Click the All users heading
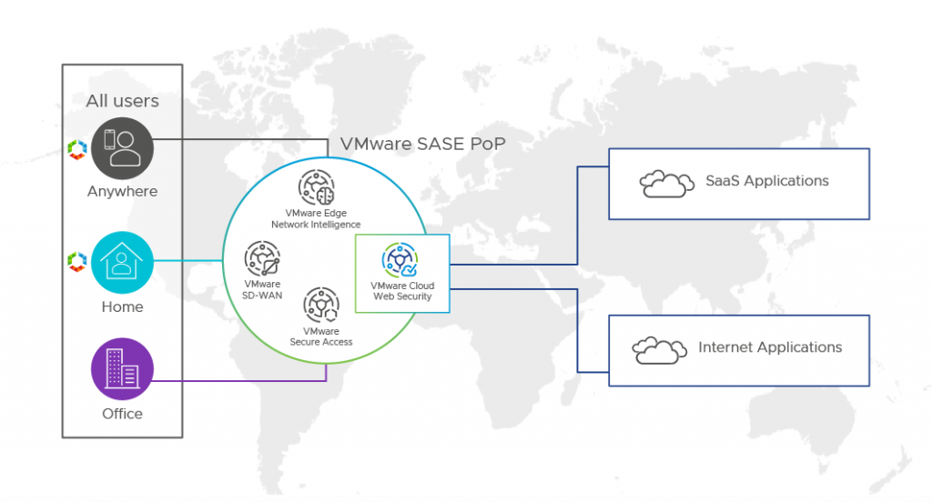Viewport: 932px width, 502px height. point(122,101)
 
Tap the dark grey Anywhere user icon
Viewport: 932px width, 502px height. point(122,148)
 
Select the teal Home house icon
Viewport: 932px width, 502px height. point(122,262)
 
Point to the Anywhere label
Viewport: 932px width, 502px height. point(122,192)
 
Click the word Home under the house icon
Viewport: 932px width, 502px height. point(122,306)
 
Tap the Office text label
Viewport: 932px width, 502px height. point(122,414)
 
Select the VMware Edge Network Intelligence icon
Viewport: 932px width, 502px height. point(316,188)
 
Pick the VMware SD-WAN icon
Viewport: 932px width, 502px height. point(262,259)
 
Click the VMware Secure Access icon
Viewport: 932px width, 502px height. point(320,305)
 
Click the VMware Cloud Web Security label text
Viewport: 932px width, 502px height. point(402,291)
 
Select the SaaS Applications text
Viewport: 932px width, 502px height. point(767,181)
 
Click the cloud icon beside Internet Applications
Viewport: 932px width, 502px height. point(659,349)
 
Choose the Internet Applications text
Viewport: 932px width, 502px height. point(770,347)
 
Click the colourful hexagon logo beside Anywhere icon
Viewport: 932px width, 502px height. point(76,148)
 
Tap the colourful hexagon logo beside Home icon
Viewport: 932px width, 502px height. point(76,262)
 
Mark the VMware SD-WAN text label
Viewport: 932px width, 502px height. point(262,289)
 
